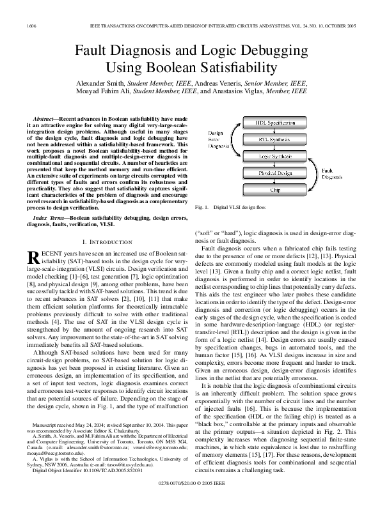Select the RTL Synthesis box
[275, 139]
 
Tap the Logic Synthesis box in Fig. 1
[275, 156]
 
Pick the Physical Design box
[275, 173]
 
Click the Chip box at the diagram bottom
[275, 190]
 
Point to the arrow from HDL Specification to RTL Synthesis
[275, 130]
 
